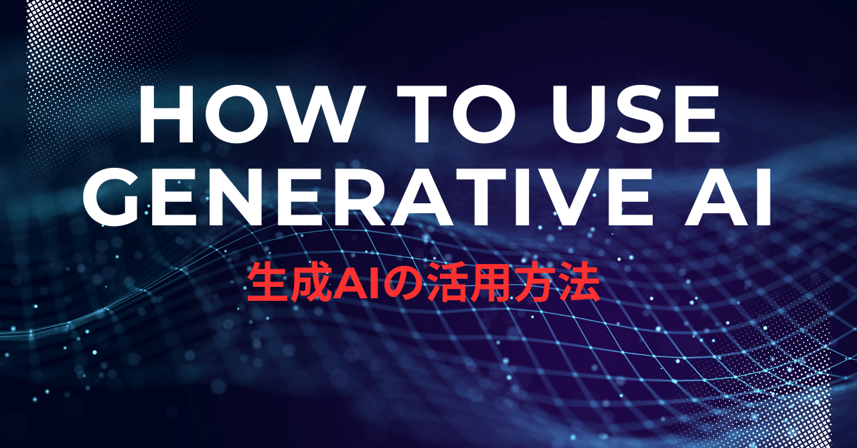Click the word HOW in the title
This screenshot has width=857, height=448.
point(247,114)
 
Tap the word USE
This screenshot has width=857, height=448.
point(635,114)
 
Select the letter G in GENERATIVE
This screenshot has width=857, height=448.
point(110,197)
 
